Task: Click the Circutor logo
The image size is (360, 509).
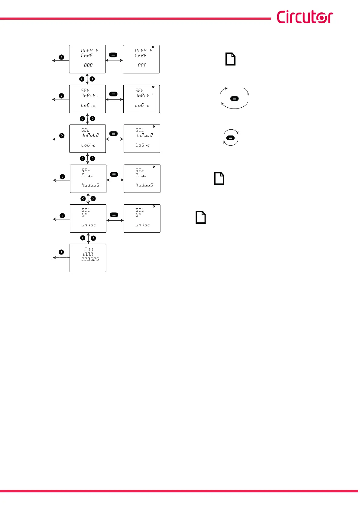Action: [x=305, y=17]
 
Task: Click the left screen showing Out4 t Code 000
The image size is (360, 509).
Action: [x=87, y=59]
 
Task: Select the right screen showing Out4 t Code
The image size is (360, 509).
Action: [x=141, y=59]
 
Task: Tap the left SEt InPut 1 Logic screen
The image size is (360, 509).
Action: [x=87, y=99]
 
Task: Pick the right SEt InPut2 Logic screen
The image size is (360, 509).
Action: [x=142, y=139]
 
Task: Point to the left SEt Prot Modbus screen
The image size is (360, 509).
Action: [x=88, y=179]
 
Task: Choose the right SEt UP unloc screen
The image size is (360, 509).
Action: [x=142, y=219]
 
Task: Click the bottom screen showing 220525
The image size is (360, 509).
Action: [x=88, y=258]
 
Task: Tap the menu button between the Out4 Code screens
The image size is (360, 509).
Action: [x=113, y=55]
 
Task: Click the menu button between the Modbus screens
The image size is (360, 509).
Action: [x=114, y=174]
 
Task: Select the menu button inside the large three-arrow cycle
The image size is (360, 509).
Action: [x=234, y=99]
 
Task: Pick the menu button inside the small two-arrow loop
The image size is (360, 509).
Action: [x=230, y=138]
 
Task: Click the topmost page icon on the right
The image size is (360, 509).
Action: [x=230, y=59]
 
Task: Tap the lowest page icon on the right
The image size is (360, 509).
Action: [x=201, y=217]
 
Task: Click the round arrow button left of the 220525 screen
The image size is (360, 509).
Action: [x=61, y=252]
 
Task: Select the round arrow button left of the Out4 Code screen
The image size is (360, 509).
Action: [x=61, y=57]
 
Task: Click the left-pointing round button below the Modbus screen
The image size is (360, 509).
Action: [x=83, y=199]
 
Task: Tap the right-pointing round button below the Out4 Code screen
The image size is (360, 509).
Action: [x=92, y=79]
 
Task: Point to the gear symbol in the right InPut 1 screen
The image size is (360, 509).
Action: [x=154, y=87]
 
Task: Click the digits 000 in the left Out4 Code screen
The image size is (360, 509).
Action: [x=88, y=65]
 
